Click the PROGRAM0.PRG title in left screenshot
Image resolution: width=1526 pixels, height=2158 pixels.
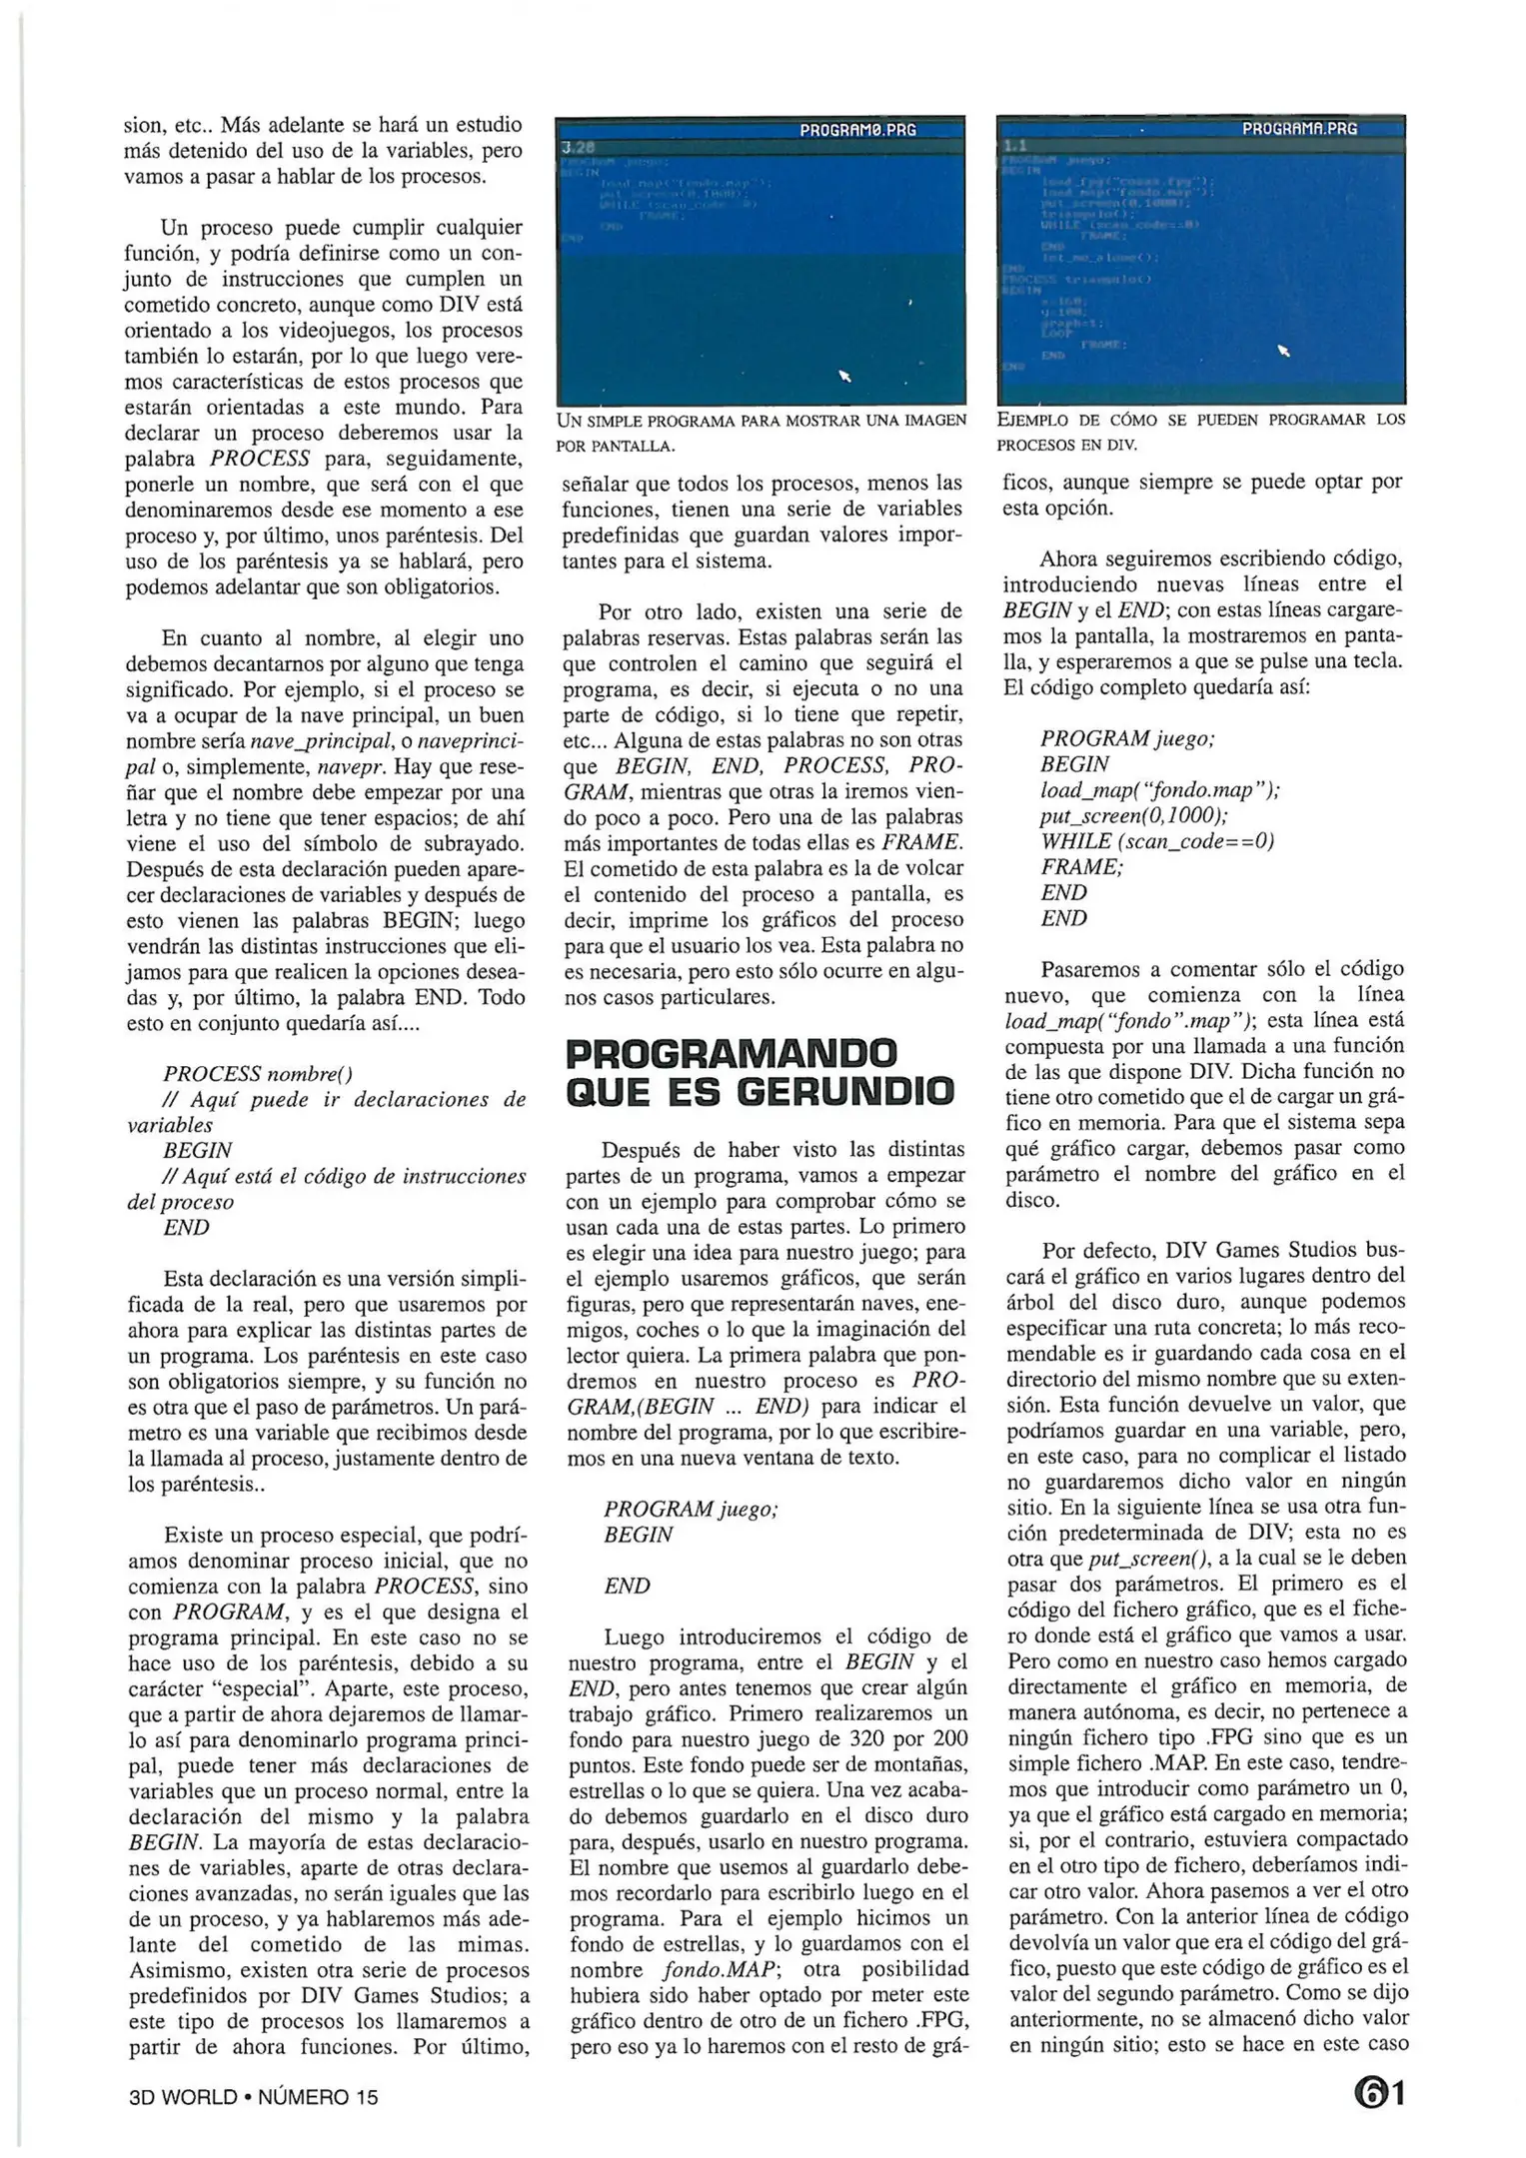857,130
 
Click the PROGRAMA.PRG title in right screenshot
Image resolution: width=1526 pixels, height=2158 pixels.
1299,129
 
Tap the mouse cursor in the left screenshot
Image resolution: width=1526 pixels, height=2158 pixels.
844,376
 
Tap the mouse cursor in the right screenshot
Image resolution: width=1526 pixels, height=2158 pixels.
1284,350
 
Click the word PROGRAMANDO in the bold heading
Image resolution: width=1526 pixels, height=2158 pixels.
732,1053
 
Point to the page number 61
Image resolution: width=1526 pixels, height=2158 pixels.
1379,2092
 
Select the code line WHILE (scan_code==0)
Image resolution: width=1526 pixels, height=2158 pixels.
1156,841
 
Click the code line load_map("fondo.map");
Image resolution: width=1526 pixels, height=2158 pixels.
1159,790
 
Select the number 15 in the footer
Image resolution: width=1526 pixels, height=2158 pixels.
366,2097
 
